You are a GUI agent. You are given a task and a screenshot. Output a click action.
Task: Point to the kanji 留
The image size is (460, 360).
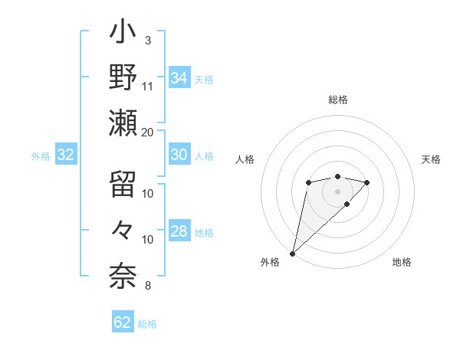point(123,185)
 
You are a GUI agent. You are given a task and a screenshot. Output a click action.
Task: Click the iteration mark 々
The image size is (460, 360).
point(123,230)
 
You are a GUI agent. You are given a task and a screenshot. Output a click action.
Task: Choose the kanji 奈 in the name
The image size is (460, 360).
point(123,274)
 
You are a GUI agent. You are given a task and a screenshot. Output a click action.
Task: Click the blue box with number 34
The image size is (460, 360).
point(179,77)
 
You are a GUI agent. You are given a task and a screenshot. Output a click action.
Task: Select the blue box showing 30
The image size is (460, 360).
point(179,155)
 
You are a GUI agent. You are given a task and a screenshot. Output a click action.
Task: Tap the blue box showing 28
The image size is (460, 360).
point(179,231)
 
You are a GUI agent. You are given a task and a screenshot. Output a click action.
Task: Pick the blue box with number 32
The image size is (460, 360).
point(65,155)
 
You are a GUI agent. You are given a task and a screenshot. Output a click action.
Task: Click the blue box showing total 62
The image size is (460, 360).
point(123,322)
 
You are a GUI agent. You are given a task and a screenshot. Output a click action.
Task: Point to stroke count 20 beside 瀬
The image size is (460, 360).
point(148,132)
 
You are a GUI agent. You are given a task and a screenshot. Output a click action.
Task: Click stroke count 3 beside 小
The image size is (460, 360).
point(148,40)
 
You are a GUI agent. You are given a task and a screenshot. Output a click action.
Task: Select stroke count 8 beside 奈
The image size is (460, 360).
point(148,286)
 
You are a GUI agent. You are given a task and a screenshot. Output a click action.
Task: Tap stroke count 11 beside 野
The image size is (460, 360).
point(148,86)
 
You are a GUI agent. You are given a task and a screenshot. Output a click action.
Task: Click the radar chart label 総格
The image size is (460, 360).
point(337,100)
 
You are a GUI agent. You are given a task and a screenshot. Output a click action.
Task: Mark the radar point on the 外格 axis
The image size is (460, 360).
point(292,253)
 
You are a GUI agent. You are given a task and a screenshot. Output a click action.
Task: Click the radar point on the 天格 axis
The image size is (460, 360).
point(367,182)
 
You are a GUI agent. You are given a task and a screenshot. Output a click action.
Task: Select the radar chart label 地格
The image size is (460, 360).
point(402,262)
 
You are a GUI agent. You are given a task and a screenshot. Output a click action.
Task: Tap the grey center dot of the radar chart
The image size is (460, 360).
point(337,191)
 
